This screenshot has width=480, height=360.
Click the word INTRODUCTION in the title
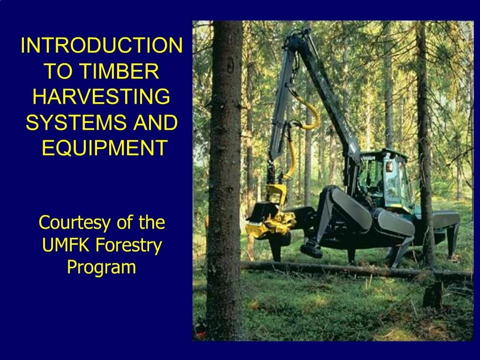(102, 45)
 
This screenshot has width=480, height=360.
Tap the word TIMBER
(120, 71)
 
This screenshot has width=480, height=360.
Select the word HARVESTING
(101, 97)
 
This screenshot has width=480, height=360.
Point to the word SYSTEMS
(75, 122)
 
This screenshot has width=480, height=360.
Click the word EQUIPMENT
(105, 148)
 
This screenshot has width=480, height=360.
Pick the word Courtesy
(74, 223)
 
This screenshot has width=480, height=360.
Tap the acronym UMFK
(67, 245)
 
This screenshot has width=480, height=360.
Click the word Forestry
(129, 246)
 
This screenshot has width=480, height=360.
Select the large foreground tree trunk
(225, 180)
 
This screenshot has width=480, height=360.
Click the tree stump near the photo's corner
(433, 295)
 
